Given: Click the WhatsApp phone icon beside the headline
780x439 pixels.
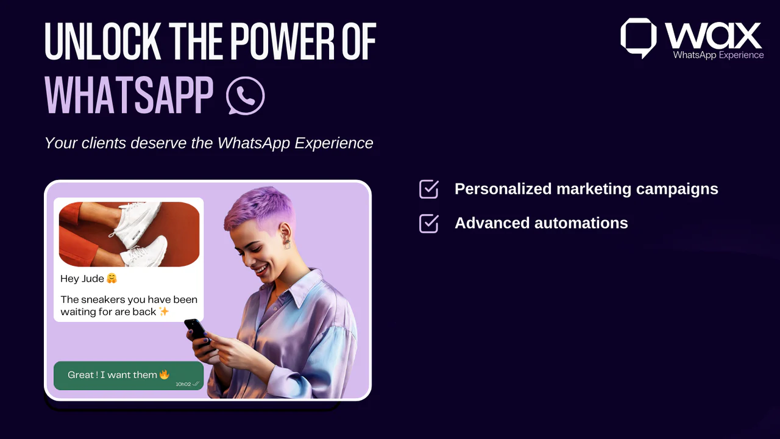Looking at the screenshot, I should pyautogui.click(x=246, y=96).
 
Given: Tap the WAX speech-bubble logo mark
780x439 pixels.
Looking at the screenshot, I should pyautogui.click(x=638, y=37).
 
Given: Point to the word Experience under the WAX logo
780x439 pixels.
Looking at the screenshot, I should pyautogui.click(x=741, y=55).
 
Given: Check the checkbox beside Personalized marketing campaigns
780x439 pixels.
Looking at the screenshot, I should pyautogui.click(x=429, y=189).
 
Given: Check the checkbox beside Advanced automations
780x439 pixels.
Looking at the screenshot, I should pyautogui.click(x=429, y=223).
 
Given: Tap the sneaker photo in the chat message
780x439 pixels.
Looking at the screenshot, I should pyautogui.click(x=129, y=234).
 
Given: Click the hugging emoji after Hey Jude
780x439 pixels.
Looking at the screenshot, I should pyautogui.click(x=112, y=279).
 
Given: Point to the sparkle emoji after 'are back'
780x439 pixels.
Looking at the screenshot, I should pyautogui.click(x=164, y=312).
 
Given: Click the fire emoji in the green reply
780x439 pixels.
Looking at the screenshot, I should pyautogui.click(x=164, y=374).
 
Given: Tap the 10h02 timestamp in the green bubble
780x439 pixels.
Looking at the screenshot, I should pyautogui.click(x=183, y=384).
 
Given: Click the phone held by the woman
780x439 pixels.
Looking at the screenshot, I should pyautogui.click(x=196, y=331).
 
